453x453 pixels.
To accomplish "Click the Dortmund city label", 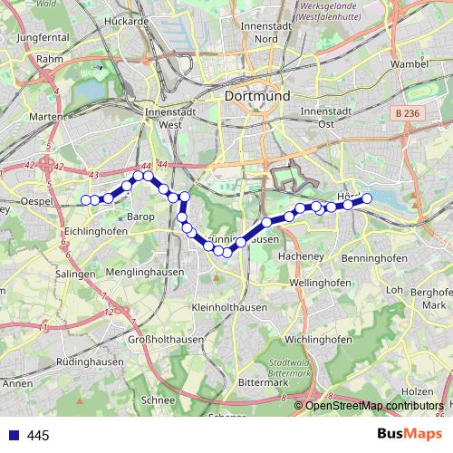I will [261, 95].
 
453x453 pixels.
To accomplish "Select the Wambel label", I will [408, 64].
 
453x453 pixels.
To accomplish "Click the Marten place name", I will [46, 116].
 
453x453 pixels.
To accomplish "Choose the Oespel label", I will [37, 200].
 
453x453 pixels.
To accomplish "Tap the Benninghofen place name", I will [374, 259].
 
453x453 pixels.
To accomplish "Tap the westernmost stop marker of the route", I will [85, 200].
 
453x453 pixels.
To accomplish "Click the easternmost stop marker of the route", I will [368, 198].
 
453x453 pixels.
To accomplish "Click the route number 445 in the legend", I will [38, 436].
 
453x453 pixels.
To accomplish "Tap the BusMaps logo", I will [409, 434].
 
